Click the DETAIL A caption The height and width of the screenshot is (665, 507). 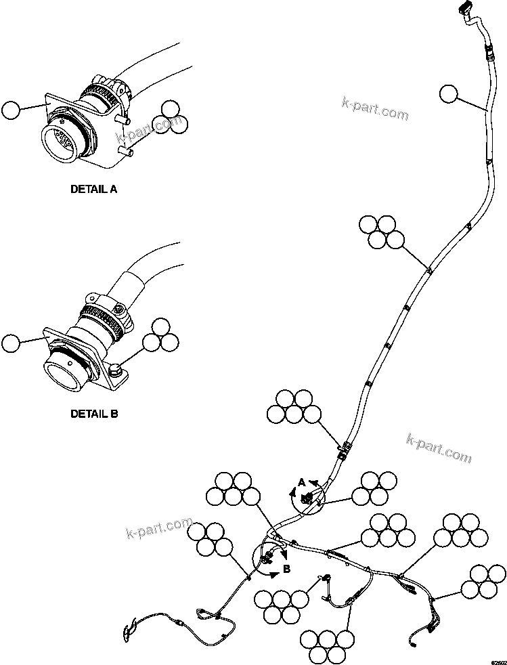93,190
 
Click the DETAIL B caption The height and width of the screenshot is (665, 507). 93,413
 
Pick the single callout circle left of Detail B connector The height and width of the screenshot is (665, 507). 12,343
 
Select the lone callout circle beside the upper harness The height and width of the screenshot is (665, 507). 448,94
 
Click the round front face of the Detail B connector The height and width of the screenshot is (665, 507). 61,371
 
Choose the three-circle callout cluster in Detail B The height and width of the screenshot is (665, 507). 160,335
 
